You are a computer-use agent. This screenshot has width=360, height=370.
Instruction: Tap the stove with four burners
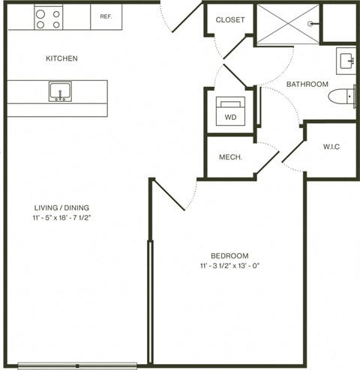(x=48, y=17)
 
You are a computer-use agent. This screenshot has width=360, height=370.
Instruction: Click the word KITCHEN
(x=61, y=58)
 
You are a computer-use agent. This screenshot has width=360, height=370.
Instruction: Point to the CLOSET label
(x=229, y=19)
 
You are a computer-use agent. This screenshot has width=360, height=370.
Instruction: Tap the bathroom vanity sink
(x=347, y=61)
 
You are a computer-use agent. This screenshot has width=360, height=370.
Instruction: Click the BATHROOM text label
(x=306, y=84)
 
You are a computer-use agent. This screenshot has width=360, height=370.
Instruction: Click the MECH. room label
(x=229, y=157)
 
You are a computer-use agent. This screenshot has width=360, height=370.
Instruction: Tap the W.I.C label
(x=331, y=146)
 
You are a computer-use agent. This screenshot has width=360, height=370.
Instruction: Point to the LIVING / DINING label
(x=61, y=207)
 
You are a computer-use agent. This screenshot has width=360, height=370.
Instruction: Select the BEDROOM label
(x=229, y=255)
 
